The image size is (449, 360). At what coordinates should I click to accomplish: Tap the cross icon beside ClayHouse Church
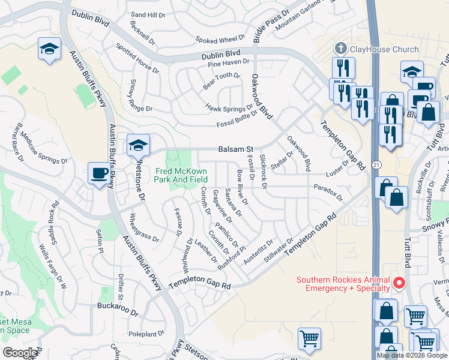point(340,48)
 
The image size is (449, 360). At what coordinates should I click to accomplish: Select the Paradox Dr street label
point(328,192)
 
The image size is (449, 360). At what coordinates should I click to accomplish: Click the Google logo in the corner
point(20,353)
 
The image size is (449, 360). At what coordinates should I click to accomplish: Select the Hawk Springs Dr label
point(229,109)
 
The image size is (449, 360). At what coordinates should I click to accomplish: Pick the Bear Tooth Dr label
point(221,81)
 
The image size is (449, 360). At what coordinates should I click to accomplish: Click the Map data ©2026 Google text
point(412,355)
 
